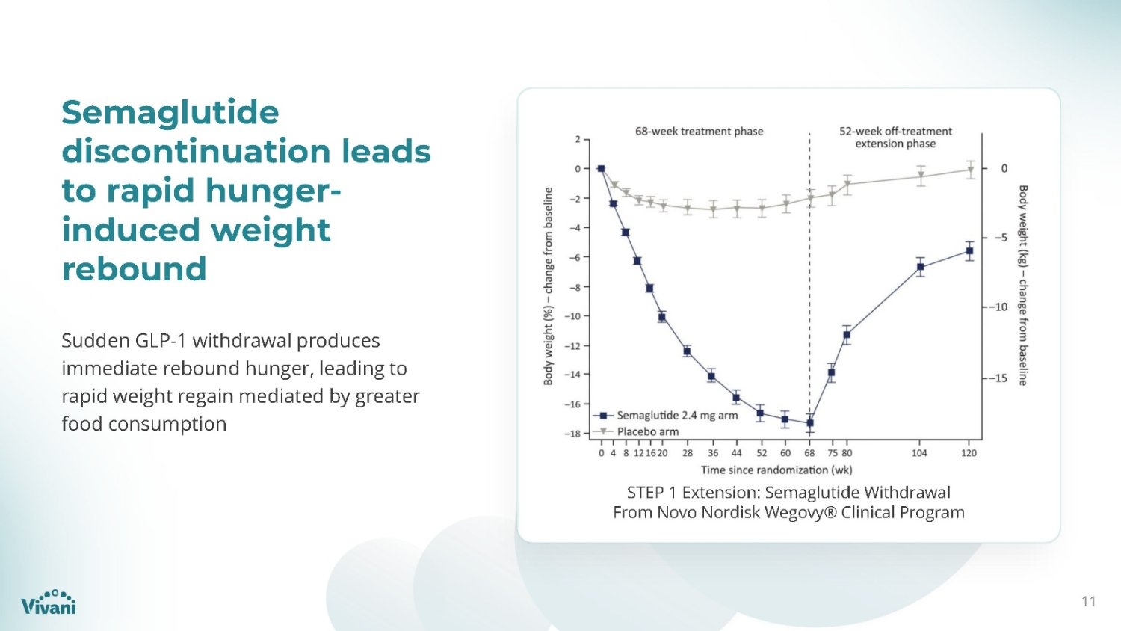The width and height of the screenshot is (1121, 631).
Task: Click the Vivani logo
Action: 48,602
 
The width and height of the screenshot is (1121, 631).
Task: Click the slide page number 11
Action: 1089,601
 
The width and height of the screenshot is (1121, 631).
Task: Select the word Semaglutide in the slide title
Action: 170,111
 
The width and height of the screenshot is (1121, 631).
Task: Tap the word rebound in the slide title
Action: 134,268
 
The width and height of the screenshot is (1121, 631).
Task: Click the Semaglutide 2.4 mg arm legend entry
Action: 665,415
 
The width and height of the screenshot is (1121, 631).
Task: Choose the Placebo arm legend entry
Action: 635,431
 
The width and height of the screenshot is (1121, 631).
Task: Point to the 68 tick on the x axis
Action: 809,453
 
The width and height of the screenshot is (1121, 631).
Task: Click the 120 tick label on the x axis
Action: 969,453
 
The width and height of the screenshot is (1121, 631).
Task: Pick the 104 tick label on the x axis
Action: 919,453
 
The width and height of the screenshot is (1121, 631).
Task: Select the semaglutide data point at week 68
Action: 809,423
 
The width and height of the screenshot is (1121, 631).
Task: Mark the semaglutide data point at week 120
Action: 969,251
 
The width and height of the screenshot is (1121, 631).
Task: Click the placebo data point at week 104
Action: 921,176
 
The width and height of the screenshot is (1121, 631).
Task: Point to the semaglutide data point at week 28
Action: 687,351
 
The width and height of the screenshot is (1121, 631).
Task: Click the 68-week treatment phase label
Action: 699,131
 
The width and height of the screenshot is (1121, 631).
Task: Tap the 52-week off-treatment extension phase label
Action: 895,138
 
